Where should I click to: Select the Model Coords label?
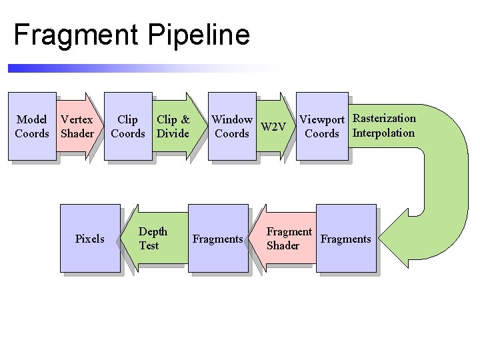point(32,127)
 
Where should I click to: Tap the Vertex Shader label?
point(77,127)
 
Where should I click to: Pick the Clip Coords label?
point(127,127)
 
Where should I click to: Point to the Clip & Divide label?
point(173,127)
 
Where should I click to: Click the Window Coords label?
point(231,127)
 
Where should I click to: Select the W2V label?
point(273,127)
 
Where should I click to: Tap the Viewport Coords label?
point(321,127)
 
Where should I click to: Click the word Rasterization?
point(384,119)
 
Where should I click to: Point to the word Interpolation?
point(383,133)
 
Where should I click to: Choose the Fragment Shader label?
point(289,239)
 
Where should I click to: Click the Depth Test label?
point(153,239)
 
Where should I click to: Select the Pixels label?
point(90,239)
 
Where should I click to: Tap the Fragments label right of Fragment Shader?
point(345,239)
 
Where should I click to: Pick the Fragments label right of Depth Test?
point(217,239)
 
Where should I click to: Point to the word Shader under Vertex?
point(77,133)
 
